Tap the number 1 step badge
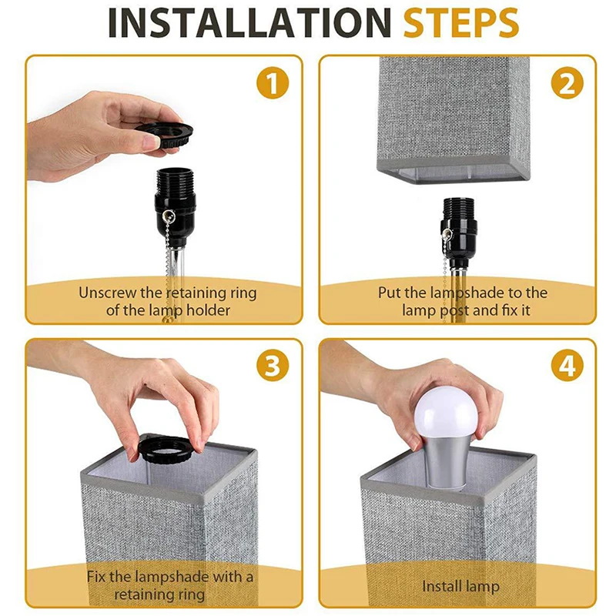coord(273,83)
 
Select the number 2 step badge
coord(567,83)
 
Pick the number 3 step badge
coord(273,366)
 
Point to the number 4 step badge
coord(567,366)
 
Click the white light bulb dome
coord(447,412)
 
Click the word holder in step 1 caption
coord(208,310)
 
